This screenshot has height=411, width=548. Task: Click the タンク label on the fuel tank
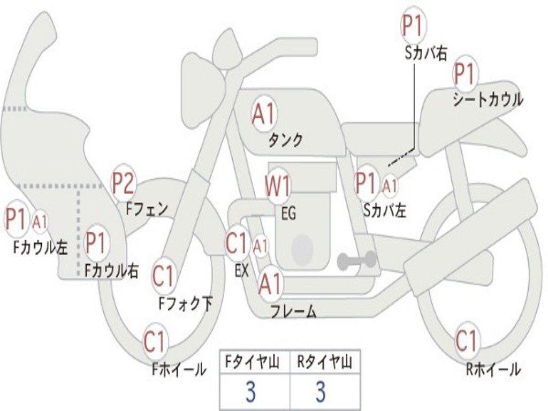click(285, 140)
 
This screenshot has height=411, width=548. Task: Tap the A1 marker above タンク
click(264, 113)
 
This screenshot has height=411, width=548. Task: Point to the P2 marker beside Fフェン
click(123, 183)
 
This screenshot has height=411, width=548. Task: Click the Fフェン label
click(147, 208)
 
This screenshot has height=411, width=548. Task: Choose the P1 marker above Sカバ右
click(413, 25)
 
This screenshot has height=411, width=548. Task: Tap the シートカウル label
click(488, 100)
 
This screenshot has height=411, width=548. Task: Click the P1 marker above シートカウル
click(465, 73)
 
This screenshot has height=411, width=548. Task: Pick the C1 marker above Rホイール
click(466, 340)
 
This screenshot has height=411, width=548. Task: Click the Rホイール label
click(493, 369)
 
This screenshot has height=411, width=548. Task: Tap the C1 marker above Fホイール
click(155, 341)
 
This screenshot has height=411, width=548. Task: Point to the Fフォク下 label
click(185, 304)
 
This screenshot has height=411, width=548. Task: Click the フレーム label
click(293, 311)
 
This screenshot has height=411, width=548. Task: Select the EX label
click(242, 271)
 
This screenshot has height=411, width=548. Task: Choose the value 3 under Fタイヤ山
click(250, 392)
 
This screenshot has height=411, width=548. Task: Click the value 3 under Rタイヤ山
click(320, 392)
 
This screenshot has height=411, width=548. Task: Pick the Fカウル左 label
click(41, 247)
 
